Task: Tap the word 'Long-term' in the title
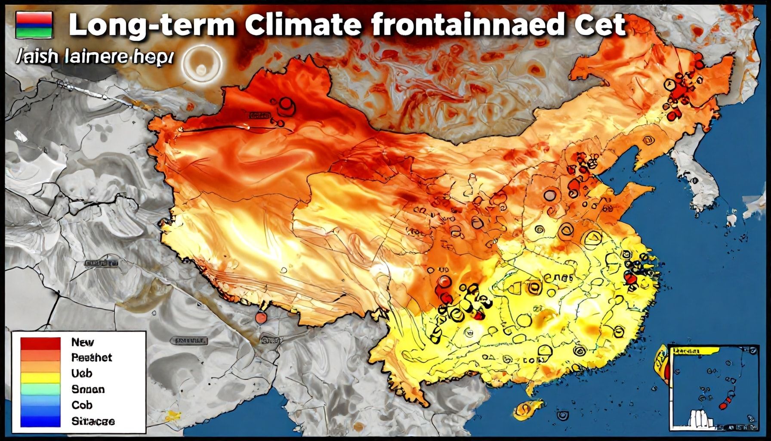[151, 25]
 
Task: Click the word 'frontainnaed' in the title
[467, 25]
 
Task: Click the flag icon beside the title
[34, 25]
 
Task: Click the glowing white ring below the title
[201, 65]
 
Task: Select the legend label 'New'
[82, 342]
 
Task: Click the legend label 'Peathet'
[91, 357]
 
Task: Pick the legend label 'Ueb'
[81, 373]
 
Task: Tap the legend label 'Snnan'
[87, 389]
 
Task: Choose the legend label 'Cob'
[81, 405]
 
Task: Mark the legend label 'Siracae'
[93, 421]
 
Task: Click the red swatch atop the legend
[40, 343]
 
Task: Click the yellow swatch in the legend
[40, 377]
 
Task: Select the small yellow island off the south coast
[528, 408]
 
